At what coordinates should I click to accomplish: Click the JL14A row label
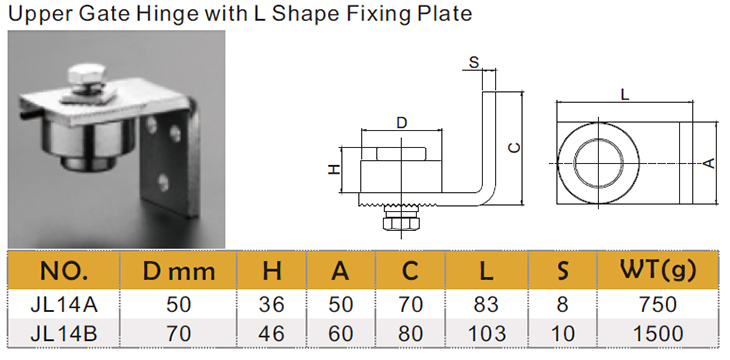(x=64, y=305)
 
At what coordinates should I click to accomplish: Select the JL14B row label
(x=64, y=334)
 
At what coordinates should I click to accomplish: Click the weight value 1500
(x=658, y=334)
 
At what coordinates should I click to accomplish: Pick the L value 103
(x=487, y=334)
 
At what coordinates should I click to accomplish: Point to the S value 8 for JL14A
(x=562, y=305)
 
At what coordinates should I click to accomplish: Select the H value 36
(x=271, y=305)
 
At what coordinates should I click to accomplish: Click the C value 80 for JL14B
(x=411, y=334)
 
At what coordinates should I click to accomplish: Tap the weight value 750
(x=658, y=305)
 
